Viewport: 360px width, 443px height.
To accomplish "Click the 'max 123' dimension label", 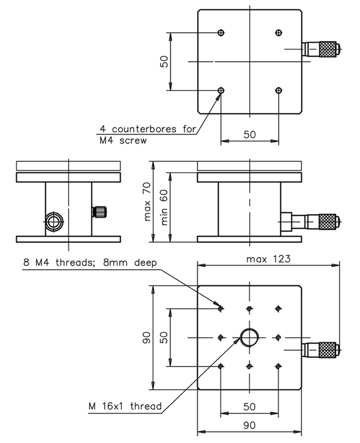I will click(x=269, y=259).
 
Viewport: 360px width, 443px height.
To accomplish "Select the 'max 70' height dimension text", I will click(x=147, y=203).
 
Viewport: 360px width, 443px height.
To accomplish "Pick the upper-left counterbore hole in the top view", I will click(x=222, y=33).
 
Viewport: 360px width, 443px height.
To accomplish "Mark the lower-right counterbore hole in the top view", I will click(x=278, y=90).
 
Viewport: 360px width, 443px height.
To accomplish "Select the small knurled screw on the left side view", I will click(x=100, y=211).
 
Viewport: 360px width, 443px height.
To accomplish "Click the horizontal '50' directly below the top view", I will click(x=249, y=135).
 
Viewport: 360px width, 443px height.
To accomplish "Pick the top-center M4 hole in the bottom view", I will click(x=250, y=308).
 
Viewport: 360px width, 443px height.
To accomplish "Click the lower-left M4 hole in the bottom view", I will click(x=222, y=365).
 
